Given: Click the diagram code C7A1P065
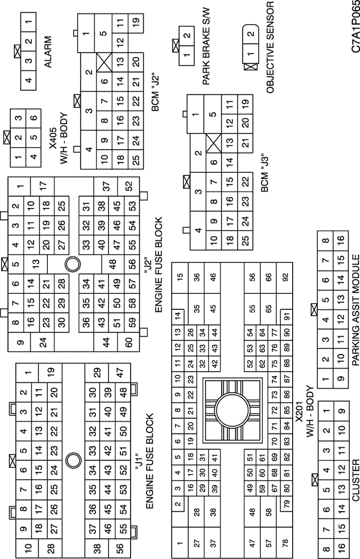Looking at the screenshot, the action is [x=355, y=27].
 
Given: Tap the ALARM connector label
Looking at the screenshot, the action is [x=48, y=51].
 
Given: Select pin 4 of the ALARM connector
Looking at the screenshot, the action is [x=28, y=79].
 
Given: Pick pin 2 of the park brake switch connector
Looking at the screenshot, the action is [x=187, y=36].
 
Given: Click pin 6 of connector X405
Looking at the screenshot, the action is [x=33, y=118].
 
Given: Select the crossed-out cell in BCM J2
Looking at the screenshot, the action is [x=104, y=62].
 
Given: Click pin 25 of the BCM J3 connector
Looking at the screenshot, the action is [x=245, y=240].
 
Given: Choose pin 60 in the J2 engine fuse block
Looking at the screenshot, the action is [x=129, y=342].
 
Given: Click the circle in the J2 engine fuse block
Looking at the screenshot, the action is [x=73, y=264].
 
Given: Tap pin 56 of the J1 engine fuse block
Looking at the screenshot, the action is [x=120, y=546].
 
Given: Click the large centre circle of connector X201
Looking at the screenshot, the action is [x=232, y=409].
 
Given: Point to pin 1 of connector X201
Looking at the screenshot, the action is [x=180, y=544].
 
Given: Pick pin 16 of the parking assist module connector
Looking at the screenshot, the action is [x=341, y=239].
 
